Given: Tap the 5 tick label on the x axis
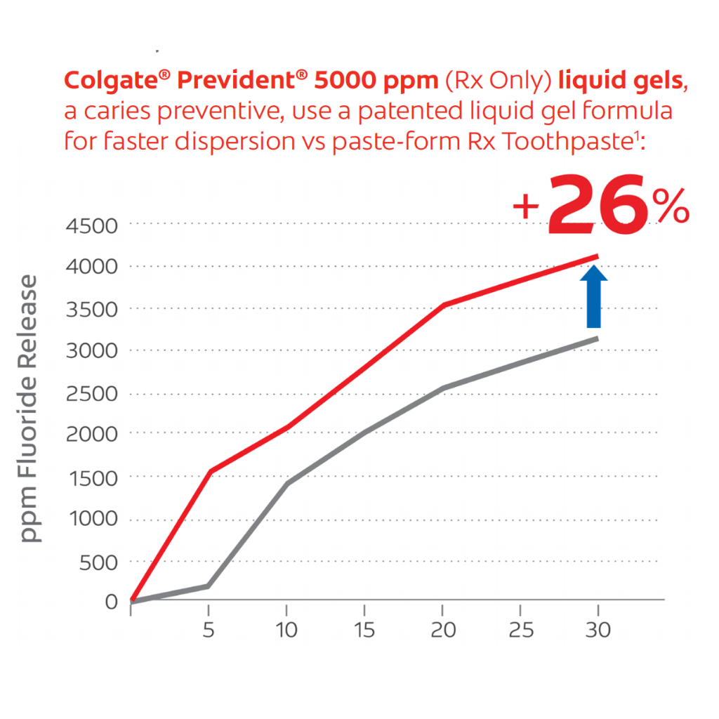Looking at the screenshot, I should tap(209, 630).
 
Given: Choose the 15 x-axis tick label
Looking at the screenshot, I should tap(364, 630).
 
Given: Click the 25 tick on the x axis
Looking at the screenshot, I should tap(520, 630).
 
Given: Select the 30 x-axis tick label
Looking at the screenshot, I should tap(597, 630).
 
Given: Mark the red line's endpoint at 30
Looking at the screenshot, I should tap(597, 256).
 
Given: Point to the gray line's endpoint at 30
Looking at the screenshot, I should tap(597, 338).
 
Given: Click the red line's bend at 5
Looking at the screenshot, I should tap(209, 471).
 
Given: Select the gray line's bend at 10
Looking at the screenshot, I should tap(287, 483).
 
